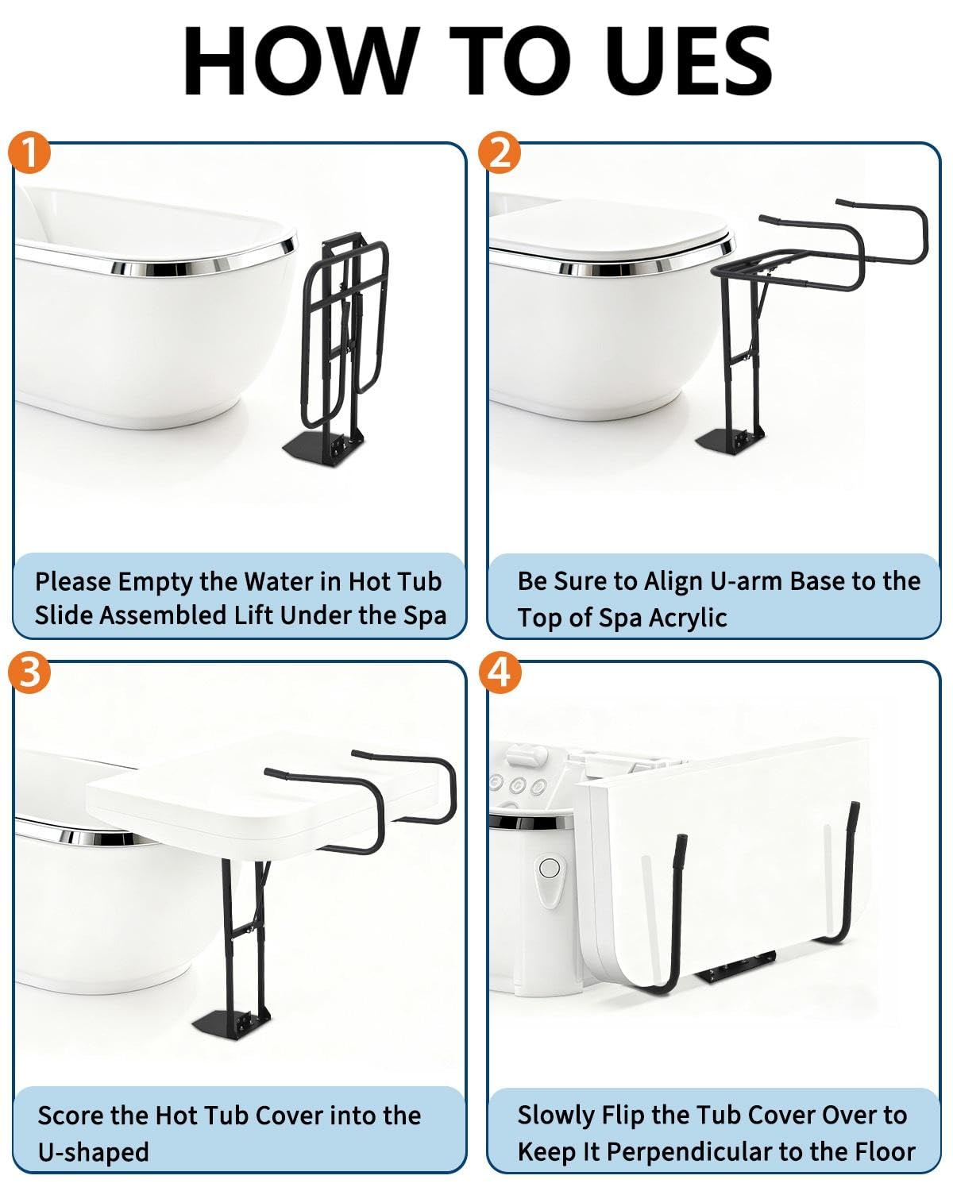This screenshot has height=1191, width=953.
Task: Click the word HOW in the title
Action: (301, 61)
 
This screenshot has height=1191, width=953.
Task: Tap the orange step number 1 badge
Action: (29, 152)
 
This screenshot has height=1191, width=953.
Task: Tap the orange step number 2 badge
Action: (500, 152)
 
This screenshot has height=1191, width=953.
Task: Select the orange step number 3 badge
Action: (29, 673)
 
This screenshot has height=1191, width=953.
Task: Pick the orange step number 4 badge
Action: (500, 673)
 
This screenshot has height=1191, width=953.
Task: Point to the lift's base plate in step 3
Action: (230, 1023)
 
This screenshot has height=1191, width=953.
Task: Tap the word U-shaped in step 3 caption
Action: (94, 1153)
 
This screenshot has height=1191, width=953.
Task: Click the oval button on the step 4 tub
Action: (550, 867)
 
